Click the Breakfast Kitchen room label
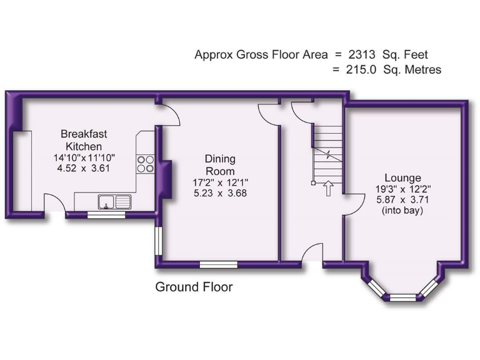pos(84,139)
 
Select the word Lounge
pos(402,178)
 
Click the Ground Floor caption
pos(194,287)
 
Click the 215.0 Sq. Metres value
pos(393,69)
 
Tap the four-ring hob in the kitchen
pos(146,164)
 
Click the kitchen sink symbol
pos(114,201)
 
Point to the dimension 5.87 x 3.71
pos(402,200)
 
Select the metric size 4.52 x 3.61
pos(84,168)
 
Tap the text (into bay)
pos(402,211)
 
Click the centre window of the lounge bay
pos(402,296)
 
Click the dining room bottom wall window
pos(218,264)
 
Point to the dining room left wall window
pos(159,242)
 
